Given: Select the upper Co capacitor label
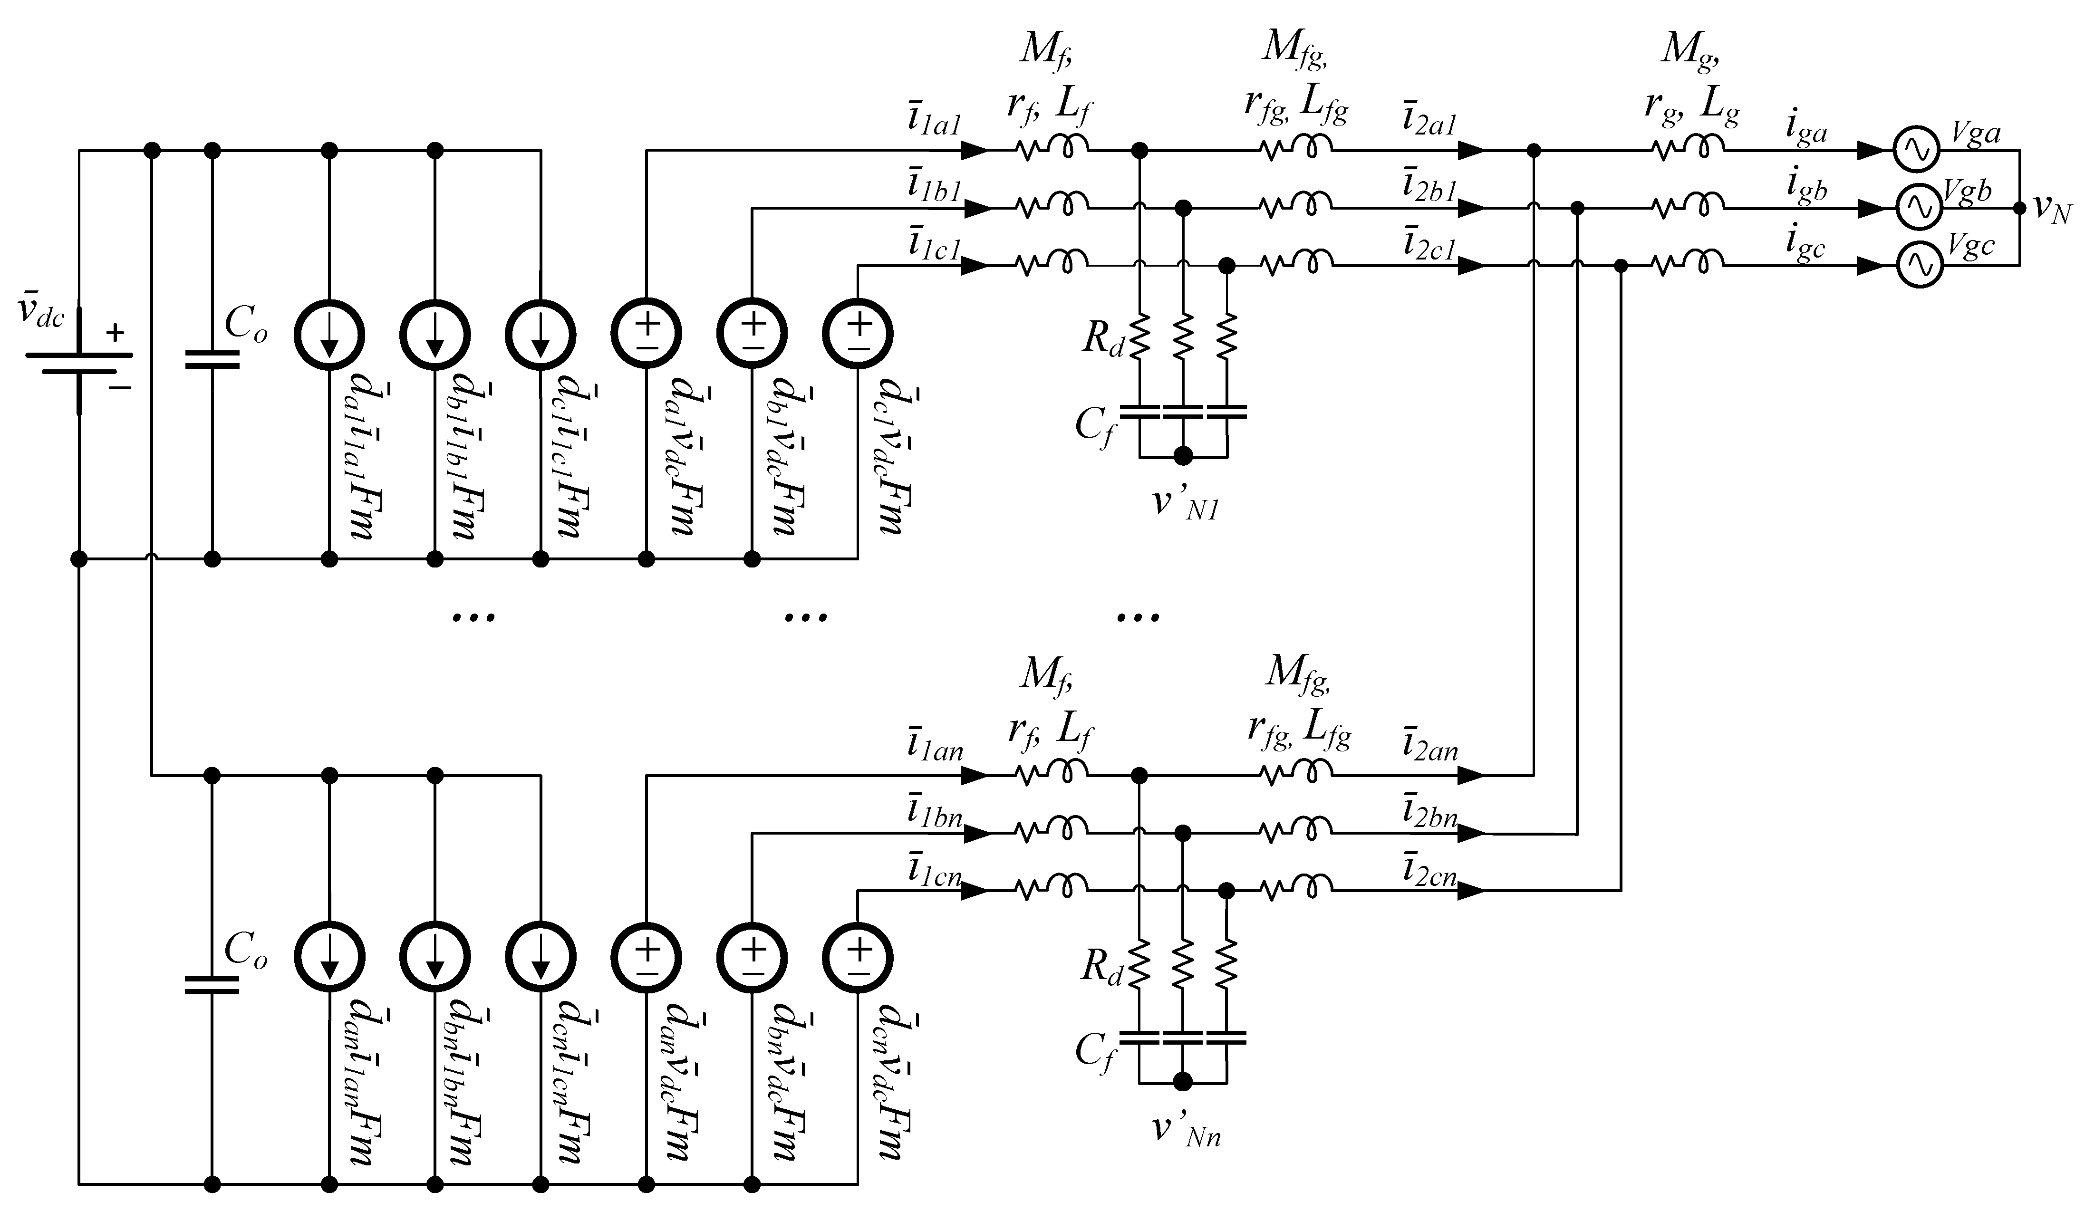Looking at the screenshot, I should (246, 325).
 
